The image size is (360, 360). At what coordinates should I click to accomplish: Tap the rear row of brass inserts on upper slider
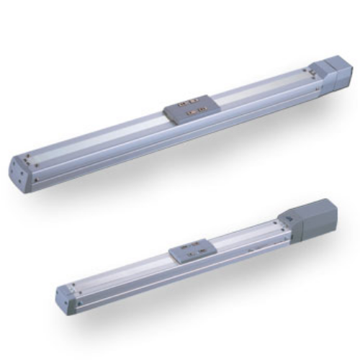click(192, 102)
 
